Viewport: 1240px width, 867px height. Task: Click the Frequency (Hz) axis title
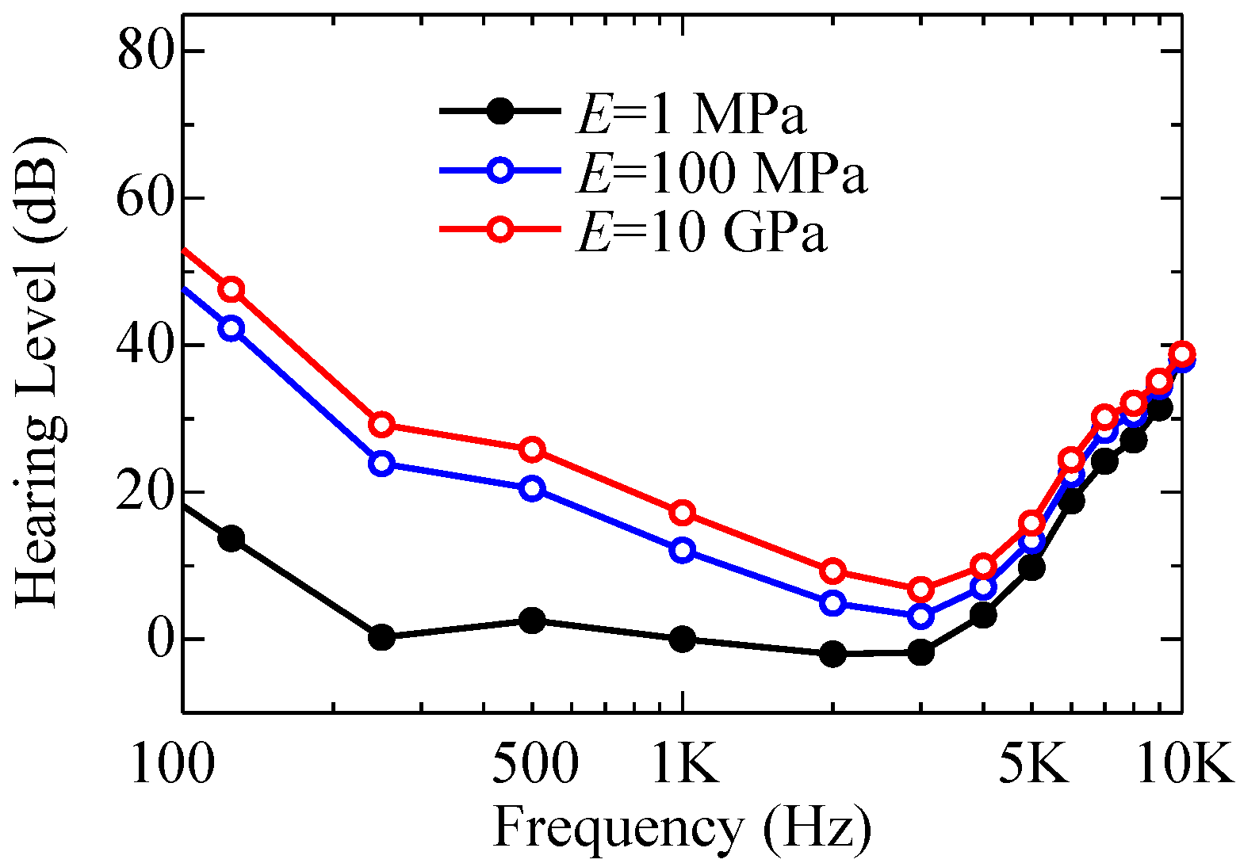[683, 827]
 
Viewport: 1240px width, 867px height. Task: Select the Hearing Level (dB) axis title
[40, 373]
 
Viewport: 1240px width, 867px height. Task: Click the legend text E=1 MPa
[691, 115]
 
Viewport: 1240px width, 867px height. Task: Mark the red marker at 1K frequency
[683, 514]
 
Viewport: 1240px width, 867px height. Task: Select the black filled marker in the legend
[500, 112]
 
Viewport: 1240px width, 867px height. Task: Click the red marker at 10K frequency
[1182, 353]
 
